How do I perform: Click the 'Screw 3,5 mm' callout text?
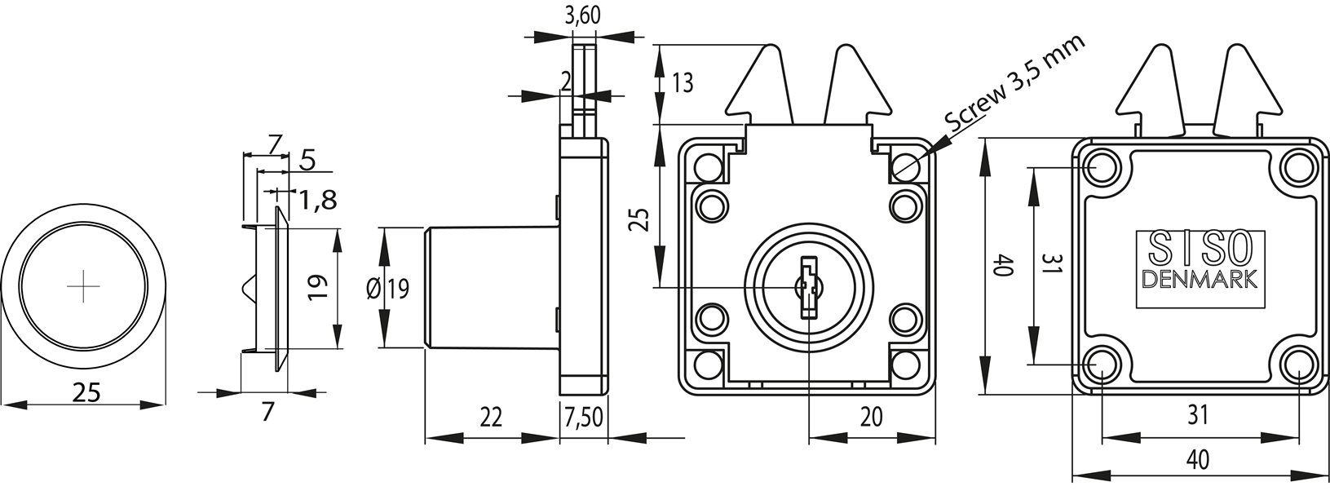1016,84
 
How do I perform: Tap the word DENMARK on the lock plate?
1200,280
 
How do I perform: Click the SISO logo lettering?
1199,246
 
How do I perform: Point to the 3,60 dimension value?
582,16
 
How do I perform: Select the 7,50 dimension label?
583,418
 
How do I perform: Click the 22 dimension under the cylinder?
490,418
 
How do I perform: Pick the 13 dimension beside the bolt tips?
683,82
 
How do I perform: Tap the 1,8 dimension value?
316,200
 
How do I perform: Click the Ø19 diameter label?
388,289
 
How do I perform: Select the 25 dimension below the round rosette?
86,392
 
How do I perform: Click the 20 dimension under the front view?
872,417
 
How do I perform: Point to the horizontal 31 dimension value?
1196,415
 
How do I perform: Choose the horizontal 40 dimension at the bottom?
1196,460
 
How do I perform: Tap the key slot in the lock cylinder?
808,286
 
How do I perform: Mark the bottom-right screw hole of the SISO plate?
1297,365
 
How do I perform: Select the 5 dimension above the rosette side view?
307,159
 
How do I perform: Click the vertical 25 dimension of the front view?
640,219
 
